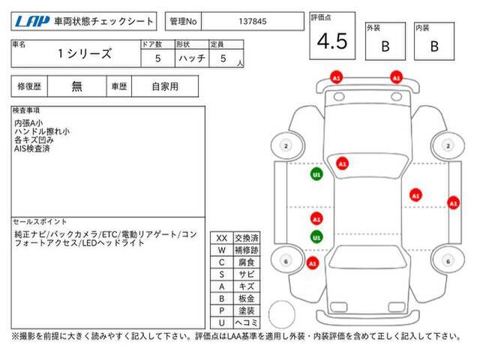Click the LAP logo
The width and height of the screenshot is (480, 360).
click(31, 22)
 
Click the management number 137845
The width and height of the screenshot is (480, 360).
click(253, 22)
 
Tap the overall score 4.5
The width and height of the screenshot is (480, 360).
click(332, 41)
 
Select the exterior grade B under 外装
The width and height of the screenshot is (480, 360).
click(385, 46)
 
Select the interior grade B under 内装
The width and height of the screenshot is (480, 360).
click(434, 46)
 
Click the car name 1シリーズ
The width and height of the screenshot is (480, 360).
click(85, 53)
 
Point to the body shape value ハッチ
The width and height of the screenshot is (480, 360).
click(192, 58)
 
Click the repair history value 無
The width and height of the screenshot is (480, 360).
click(76, 87)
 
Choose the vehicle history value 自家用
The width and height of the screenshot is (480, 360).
click(165, 87)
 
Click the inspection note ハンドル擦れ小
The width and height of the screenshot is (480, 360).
click(42, 132)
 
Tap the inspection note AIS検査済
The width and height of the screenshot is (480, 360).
click(31, 148)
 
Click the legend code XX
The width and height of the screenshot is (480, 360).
click(222, 238)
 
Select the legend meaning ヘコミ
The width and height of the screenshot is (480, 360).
click(247, 322)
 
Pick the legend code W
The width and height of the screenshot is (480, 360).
click(222, 250)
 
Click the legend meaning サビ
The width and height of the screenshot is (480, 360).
click(247, 274)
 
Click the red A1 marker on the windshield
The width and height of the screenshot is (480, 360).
click(342, 163)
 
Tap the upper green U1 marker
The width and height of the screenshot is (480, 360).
click(316, 175)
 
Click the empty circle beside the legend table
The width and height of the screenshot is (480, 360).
click(282, 314)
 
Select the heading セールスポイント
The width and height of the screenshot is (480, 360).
click(40, 222)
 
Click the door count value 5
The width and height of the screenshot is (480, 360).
click(157, 58)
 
